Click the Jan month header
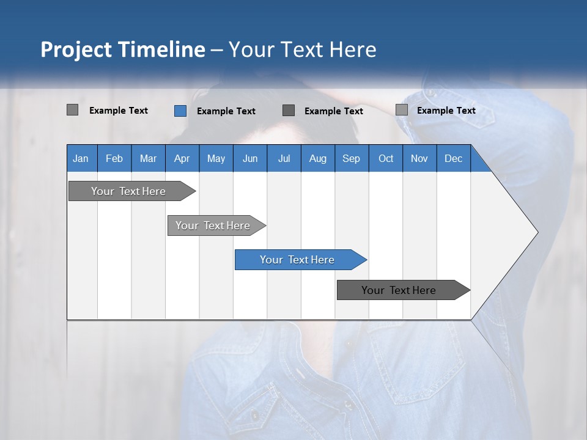(81, 158)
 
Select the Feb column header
(114, 158)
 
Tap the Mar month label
(148, 158)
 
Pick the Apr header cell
(182, 158)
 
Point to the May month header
(216, 158)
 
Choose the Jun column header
(250, 158)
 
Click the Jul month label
(284, 158)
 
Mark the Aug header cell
(318, 158)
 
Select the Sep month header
(352, 158)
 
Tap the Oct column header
(386, 158)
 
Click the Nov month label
(419, 158)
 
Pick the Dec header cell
(454, 158)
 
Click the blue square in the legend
(180, 111)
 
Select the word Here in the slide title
(353, 50)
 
